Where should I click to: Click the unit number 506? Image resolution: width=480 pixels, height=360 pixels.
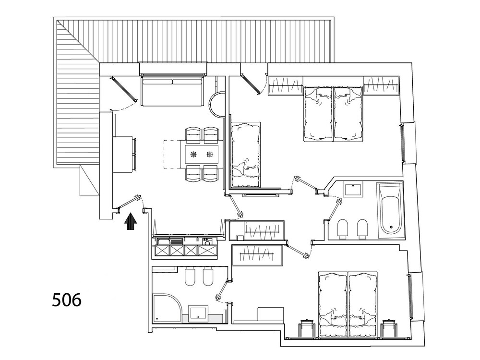coord(67,300)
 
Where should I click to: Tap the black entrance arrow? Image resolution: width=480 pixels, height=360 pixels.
coord(131,221)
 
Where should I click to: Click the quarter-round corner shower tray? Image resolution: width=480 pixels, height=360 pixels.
coord(167,309)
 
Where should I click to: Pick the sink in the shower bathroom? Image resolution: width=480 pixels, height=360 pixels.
coord(198,313)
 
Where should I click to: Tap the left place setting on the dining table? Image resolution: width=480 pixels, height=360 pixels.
coord(193,155)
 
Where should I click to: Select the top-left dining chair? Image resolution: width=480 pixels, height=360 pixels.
coord(193,135)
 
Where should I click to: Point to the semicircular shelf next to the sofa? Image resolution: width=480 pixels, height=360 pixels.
coord(216,104)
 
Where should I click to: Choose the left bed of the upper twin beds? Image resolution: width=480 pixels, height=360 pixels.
coord(318,114)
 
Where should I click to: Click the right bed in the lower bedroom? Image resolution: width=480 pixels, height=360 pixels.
coord(363,304)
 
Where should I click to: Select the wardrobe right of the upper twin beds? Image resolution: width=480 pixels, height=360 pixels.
coord(381,85)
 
